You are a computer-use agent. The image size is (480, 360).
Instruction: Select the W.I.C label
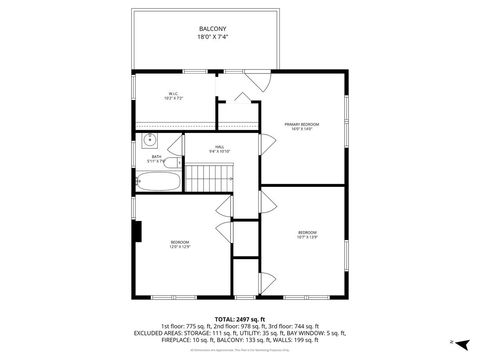click(x=172, y=95)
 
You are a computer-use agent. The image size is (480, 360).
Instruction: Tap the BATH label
click(x=157, y=156)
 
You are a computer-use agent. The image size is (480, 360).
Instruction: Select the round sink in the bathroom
click(x=147, y=141)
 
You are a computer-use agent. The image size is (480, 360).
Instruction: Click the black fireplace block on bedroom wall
click(x=139, y=231)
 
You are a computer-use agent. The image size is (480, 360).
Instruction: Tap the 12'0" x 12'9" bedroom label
click(x=180, y=244)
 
